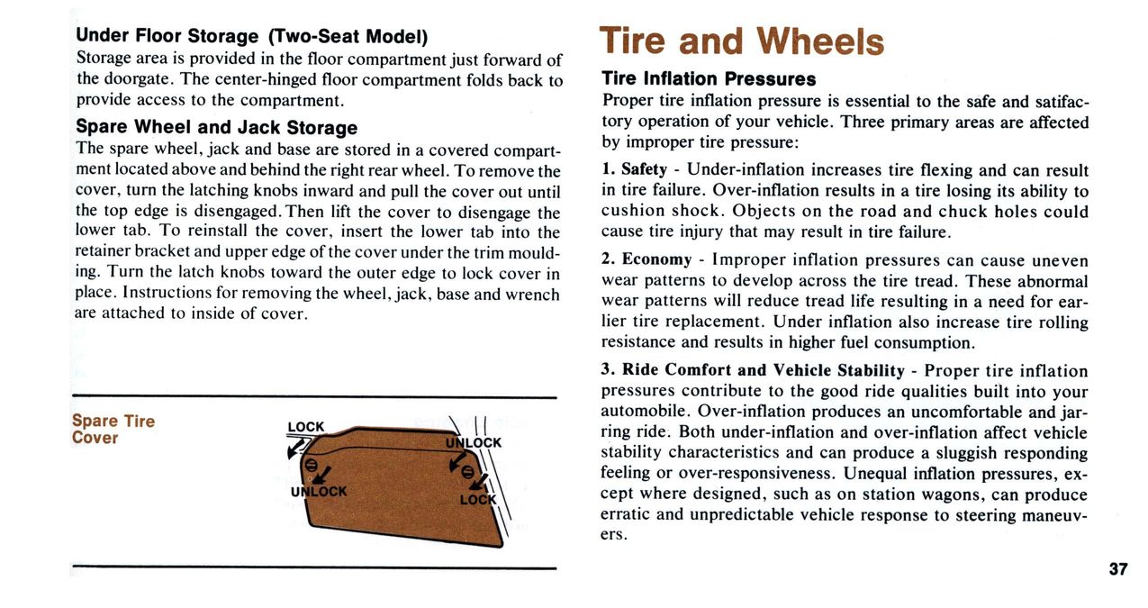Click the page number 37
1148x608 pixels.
pyautogui.click(x=1117, y=569)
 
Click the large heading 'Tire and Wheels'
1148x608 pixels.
pyautogui.click(x=742, y=41)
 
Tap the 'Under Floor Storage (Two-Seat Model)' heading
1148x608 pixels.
pyautogui.click(x=252, y=36)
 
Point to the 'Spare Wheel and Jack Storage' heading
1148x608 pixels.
pyautogui.click(x=217, y=127)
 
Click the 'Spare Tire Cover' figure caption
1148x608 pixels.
pyautogui.click(x=113, y=429)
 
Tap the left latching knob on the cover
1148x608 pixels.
pyautogui.click(x=311, y=465)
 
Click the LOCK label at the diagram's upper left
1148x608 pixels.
pyautogui.click(x=305, y=427)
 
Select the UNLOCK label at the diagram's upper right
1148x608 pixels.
pyautogui.click(x=474, y=442)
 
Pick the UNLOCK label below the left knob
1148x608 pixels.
pyautogui.click(x=318, y=492)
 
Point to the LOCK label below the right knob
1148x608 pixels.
pyautogui.click(x=477, y=499)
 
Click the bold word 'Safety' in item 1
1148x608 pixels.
pyautogui.click(x=644, y=170)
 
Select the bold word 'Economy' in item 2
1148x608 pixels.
pyautogui.click(x=656, y=259)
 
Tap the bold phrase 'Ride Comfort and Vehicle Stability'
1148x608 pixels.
pyautogui.click(x=763, y=370)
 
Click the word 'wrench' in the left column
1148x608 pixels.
pyautogui.click(x=530, y=294)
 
